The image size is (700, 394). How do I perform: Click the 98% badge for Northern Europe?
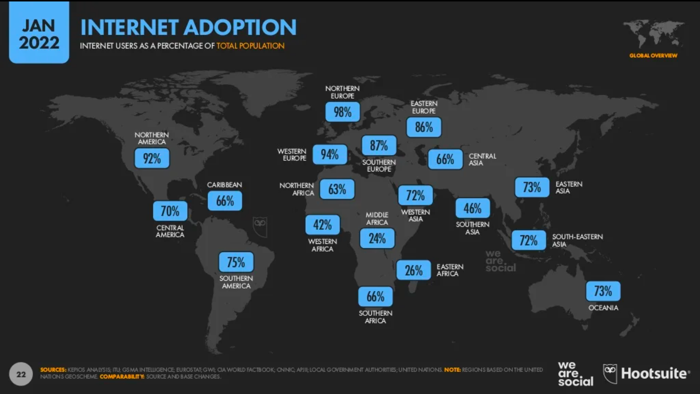[x=343, y=112]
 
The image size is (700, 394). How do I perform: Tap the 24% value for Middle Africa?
[x=377, y=238]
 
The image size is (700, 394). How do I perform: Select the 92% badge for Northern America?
[x=152, y=158]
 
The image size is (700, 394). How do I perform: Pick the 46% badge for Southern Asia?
[x=472, y=208]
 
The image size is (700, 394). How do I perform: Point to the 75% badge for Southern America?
[x=236, y=262]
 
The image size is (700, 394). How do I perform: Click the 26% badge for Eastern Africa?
[x=413, y=270]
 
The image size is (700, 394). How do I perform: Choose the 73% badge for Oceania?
[x=603, y=291]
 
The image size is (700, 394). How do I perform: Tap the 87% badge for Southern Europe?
[x=379, y=145]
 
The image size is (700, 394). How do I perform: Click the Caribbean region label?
[x=225, y=185]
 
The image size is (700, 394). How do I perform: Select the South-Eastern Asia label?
[x=577, y=240]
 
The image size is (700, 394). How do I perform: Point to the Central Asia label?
[x=482, y=159]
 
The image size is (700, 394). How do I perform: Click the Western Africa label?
[x=322, y=245]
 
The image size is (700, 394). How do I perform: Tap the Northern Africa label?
[x=297, y=189]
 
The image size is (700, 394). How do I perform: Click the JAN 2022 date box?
[x=39, y=32]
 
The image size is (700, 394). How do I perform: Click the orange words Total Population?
[x=250, y=46]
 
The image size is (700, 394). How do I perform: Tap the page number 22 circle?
[x=21, y=374]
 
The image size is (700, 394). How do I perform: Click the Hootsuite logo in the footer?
[x=646, y=374]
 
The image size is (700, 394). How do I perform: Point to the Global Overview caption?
[x=653, y=55]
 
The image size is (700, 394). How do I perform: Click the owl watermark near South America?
[x=260, y=227]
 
